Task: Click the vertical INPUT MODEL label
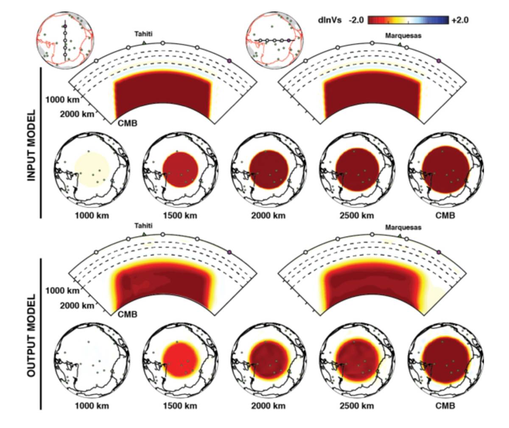32,146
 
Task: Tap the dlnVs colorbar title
330,20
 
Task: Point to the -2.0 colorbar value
356,20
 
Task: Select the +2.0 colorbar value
459,20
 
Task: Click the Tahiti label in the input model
143,34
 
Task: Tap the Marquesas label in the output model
403,228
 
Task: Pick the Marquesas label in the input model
403,36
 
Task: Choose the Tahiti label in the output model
143,226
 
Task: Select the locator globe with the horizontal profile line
275,41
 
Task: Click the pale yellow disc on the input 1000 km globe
92,170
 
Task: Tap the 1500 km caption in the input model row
180,216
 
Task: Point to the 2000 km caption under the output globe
268,406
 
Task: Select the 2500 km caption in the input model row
356,216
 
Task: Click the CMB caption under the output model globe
445,406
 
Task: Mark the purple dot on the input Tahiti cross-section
230,61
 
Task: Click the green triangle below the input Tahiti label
144,43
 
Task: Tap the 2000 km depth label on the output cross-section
76,306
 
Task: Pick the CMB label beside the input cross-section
127,124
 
